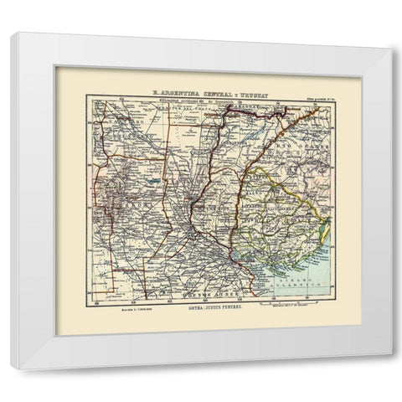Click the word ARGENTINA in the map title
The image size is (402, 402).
(178, 95)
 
